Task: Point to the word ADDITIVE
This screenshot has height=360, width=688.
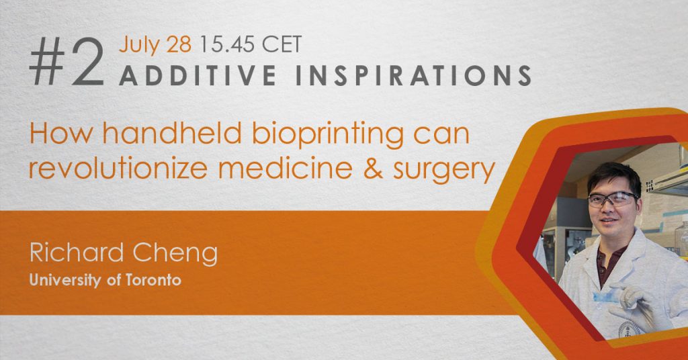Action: point(198,75)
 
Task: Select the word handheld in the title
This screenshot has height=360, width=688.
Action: point(173,133)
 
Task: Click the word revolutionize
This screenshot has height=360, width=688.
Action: point(118,168)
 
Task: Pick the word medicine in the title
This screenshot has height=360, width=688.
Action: point(285,168)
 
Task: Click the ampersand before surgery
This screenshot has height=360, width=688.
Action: point(374,169)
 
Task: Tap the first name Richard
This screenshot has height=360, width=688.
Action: point(77,253)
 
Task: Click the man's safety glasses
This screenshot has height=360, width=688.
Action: point(613,199)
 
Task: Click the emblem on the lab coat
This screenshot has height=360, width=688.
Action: point(630,329)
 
